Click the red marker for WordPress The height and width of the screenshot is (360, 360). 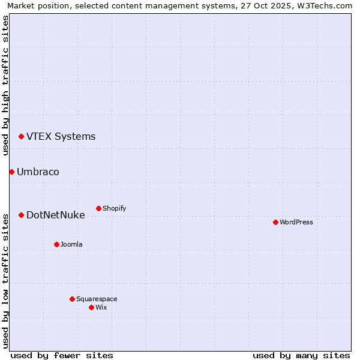click(275, 222)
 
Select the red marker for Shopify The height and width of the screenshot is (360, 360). click(98, 208)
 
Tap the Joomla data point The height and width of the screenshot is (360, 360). click(56, 244)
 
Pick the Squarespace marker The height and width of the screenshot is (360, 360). click(72, 299)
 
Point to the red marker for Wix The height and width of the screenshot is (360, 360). click(91, 307)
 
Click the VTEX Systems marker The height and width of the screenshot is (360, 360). click(21, 136)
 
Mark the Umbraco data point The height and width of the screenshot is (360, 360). click(11, 172)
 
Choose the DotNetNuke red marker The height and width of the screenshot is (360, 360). click(21, 215)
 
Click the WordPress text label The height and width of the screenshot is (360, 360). click(296, 222)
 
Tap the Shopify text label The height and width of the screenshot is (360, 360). click(114, 208)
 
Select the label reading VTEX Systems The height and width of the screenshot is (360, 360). click(61, 136)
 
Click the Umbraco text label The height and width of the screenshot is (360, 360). click(38, 172)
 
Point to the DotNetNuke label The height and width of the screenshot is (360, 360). click(55, 215)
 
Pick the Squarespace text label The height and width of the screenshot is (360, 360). click(97, 299)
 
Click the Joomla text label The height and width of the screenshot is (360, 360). click(71, 244)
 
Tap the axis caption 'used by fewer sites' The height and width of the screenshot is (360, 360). click(62, 355)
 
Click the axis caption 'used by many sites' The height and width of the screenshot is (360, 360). click(301, 355)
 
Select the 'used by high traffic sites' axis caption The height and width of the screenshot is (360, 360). click(5, 85)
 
